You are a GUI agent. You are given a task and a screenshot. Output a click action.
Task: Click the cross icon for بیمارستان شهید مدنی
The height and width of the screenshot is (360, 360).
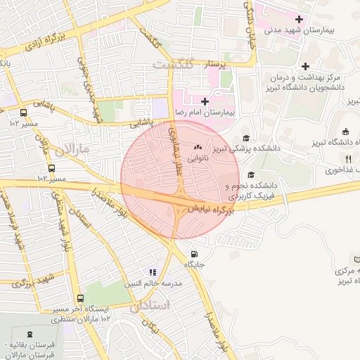click(300, 19)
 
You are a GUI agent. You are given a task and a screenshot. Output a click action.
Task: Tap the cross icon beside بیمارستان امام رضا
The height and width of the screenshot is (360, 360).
click(205, 102)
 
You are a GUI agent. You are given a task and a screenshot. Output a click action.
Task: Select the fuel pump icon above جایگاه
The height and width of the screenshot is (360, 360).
click(194, 255)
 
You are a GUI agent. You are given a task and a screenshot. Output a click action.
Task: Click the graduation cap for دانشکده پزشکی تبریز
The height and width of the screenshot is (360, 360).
click(246, 138)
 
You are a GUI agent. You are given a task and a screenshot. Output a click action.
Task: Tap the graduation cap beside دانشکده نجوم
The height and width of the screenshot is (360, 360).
click(251, 175)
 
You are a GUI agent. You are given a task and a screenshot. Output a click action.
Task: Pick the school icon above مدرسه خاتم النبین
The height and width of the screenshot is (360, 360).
click(152, 272)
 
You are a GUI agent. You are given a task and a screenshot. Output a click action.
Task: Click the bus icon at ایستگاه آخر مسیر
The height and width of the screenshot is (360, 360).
click(79, 299)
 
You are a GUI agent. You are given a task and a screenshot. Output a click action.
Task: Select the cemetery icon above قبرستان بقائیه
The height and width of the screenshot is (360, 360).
click(29, 334)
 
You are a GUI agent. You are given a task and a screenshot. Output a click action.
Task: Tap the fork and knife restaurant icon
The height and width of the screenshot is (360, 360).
click(349, 159)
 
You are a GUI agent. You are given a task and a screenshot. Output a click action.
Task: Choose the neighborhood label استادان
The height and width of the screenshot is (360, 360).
click(150, 306)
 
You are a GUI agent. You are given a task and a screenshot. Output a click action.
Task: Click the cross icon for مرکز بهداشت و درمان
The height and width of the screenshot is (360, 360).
click(305, 66)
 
